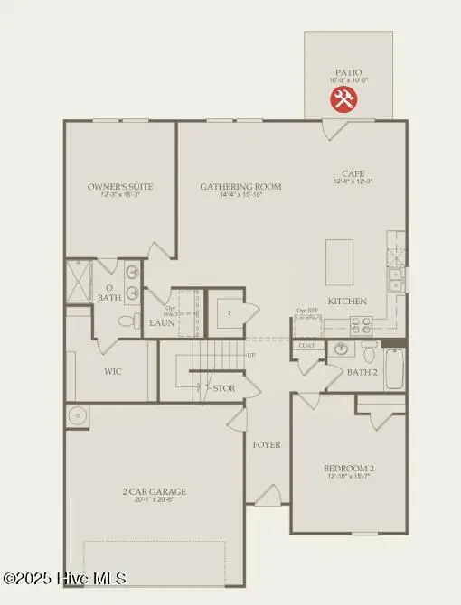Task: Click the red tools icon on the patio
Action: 343,100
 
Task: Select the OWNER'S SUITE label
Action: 120,187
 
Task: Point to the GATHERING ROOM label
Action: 240,187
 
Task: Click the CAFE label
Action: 353,173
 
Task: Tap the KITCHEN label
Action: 347,301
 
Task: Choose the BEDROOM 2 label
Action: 349,468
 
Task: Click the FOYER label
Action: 267,444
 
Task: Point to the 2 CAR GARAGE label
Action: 155,491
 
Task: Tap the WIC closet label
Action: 114,371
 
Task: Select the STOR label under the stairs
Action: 223,388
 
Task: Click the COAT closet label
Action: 306,345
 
